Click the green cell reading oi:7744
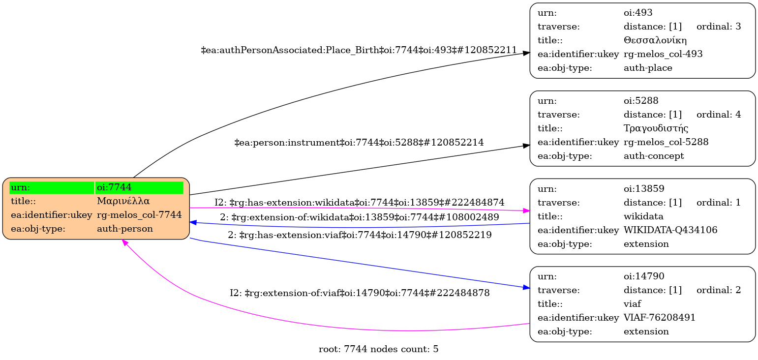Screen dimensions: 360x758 click(x=139, y=187)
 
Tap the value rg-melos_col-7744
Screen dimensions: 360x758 click(x=139, y=215)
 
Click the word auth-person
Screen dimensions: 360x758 click(x=125, y=229)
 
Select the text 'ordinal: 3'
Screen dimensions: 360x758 click(x=718, y=27)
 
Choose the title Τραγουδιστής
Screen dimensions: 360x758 click(x=656, y=128)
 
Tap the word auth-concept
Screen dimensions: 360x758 click(x=654, y=156)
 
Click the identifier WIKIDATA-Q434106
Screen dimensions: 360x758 click(x=670, y=230)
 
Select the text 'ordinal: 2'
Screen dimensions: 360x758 click(x=718, y=290)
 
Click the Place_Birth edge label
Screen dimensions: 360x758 click(x=359, y=50)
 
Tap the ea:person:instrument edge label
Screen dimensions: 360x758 click(x=359, y=143)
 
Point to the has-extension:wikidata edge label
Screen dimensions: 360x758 click(x=359, y=203)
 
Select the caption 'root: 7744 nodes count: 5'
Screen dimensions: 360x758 click(x=378, y=350)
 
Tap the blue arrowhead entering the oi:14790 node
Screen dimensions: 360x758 click(x=526, y=287)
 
